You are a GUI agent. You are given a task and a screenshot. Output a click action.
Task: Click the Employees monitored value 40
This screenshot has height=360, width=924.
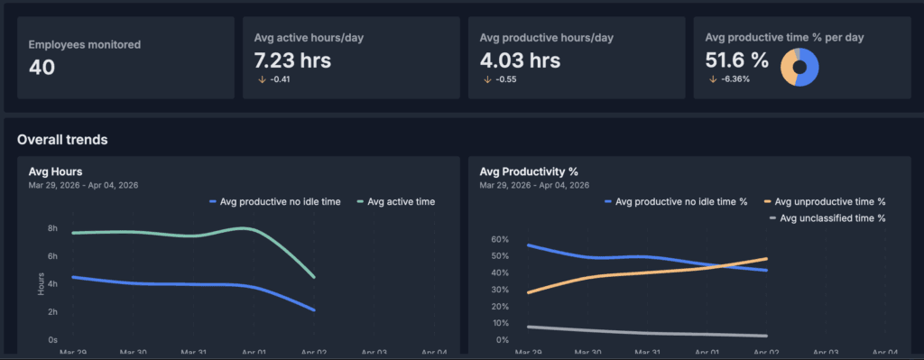pyautogui.click(x=42, y=68)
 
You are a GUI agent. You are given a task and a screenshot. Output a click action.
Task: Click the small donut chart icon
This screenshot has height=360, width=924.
pyautogui.click(x=799, y=67)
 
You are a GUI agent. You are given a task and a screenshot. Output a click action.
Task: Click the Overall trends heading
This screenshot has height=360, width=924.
pyautogui.click(x=62, y=140)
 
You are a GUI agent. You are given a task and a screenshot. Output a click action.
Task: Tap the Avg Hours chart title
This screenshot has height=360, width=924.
pyautogui.click(x=55, y=171)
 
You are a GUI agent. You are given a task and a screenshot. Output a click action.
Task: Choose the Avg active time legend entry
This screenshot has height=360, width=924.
pyautogui.click(x=396, y=202)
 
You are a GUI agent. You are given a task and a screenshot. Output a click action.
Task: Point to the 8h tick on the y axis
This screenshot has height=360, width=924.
pyautogui.click(x=52, y=228)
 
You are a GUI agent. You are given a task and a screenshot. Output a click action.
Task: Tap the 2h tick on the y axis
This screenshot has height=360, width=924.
pyautogui.click(x=52, y=312)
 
